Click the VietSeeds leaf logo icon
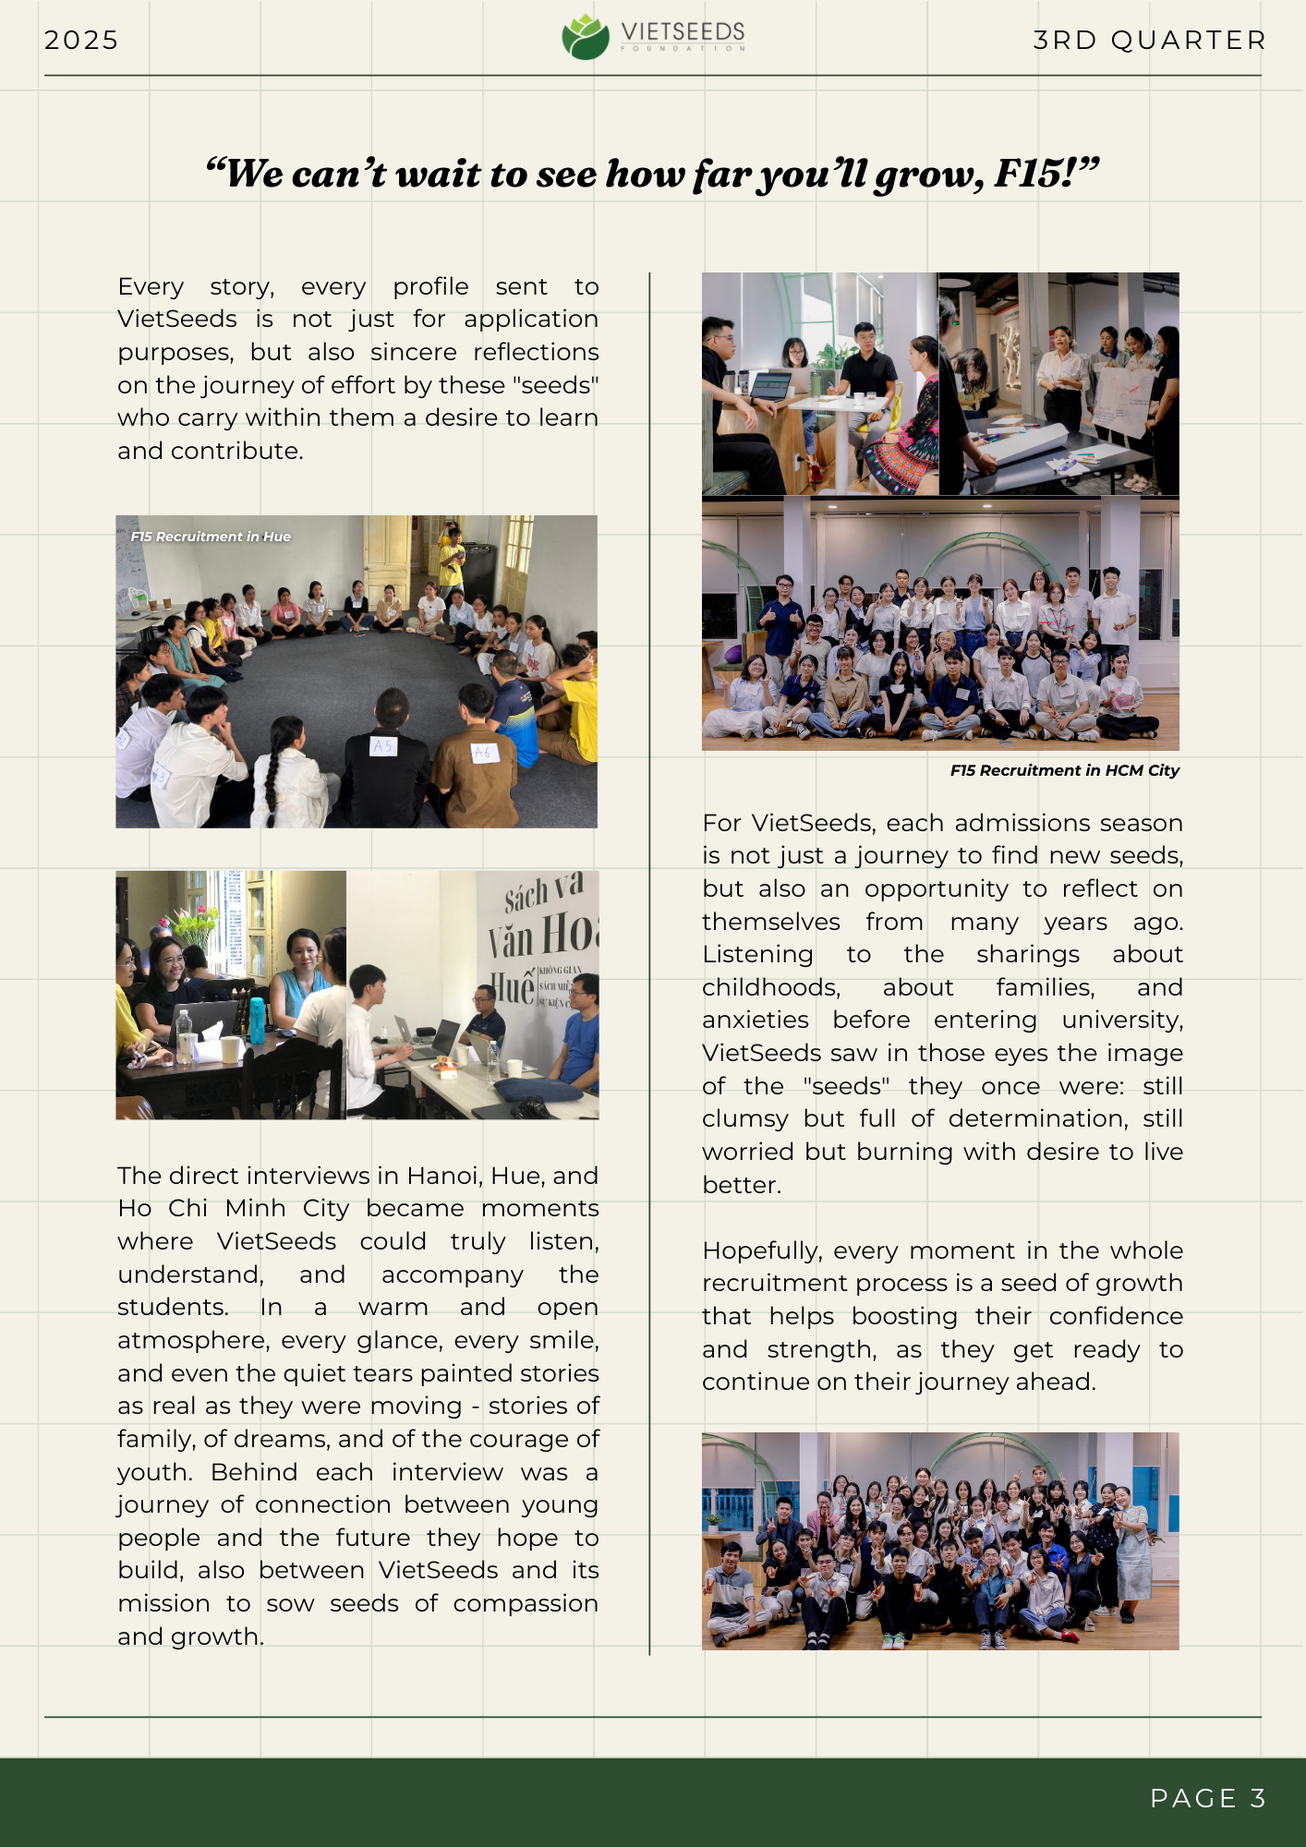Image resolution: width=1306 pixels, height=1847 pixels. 585,37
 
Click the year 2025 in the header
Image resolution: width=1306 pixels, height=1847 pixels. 81,41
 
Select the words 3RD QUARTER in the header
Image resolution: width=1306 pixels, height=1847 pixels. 1149,41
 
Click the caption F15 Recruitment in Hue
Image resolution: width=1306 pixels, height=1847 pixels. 211,537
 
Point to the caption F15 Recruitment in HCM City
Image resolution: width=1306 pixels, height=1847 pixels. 1064,770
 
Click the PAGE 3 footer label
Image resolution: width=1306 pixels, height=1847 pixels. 1207,1798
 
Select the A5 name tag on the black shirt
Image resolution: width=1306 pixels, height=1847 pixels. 383,745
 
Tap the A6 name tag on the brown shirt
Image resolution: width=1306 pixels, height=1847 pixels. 482,754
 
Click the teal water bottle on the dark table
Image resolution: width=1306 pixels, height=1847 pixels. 257,1020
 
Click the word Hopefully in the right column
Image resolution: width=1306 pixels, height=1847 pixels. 762,1251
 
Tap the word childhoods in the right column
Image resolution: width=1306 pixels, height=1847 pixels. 770,988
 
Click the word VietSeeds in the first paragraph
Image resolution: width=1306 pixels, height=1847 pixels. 177,320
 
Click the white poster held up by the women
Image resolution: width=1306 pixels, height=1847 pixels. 1123,404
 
